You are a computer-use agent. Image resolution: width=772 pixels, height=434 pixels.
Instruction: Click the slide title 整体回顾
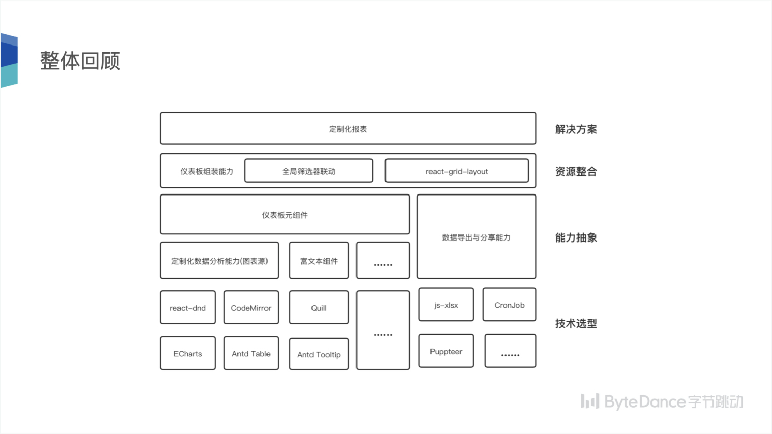coord(80,61)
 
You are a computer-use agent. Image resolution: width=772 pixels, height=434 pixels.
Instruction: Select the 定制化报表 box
coord(348,129)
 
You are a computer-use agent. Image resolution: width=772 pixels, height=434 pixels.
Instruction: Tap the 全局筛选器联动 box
coord(308,171)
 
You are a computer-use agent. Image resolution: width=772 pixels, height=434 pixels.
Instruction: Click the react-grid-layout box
coord(456,171)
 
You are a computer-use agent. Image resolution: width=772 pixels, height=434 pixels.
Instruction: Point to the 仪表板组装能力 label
coord(206,171)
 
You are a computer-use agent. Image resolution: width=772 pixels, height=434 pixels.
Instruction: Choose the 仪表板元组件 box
coord(285,215)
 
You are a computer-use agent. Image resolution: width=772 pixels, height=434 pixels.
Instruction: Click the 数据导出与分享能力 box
coord(476,237)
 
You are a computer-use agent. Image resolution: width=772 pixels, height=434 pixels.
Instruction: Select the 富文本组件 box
coord(319,261)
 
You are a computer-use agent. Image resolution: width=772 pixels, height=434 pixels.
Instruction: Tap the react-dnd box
coord(188,308)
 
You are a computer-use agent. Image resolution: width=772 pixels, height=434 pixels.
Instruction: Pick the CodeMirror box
coord(251,308)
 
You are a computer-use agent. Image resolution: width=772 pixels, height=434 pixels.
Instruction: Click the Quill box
coord(319,308)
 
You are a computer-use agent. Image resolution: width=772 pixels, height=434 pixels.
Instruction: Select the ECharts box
coord(188,354)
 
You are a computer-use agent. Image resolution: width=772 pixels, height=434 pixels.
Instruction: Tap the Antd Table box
coord(251,354)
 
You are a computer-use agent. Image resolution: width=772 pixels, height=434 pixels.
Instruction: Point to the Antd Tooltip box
coord(319,354)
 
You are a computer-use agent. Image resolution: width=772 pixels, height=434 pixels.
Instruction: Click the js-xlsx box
coord(446,305)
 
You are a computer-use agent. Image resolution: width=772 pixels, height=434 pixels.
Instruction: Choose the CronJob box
coord(509,305)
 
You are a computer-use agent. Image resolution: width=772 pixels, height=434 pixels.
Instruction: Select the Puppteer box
coord(446,351)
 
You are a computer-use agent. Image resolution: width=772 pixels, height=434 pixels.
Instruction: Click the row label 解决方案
coord(576,129)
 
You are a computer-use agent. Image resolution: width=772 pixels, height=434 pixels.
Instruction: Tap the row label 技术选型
coord(576,323)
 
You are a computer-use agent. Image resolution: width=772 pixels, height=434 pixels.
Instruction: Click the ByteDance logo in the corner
coord(661,401)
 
